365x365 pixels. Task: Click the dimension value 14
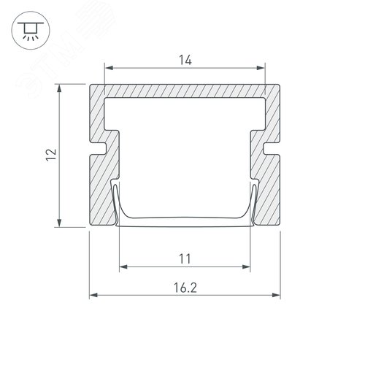(x=185, y=60)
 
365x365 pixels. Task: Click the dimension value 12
(x=51, y=155)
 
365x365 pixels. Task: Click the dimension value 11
(x=185, y=259)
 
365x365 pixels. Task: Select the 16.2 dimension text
(x=185, y=288)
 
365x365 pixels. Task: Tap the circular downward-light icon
(x=31, y=31)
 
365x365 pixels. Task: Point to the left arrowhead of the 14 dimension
(x=109, y=68)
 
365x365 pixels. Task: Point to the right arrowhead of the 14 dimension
(x=261, y=68)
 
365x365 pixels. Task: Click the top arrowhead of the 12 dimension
(x=59, y=88)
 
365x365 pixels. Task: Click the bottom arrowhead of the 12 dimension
(x=59, y=223)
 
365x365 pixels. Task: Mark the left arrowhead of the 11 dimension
(x=123, y=267)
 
